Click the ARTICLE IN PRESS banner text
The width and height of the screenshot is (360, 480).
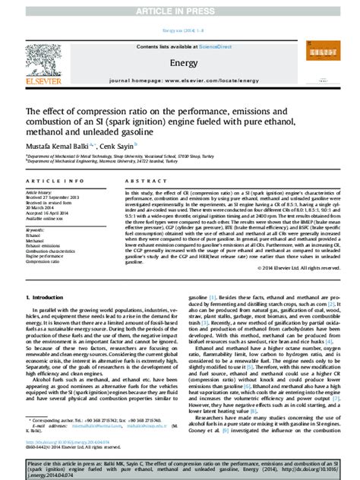(180, 10)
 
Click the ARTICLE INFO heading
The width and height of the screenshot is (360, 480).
(54, 182)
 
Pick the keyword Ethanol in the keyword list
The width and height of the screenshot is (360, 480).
(33, 235)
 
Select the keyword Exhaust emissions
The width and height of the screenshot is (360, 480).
(44, 246)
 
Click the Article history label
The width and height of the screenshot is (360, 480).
(39, 193)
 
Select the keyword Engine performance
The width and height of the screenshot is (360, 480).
(46, 256)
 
